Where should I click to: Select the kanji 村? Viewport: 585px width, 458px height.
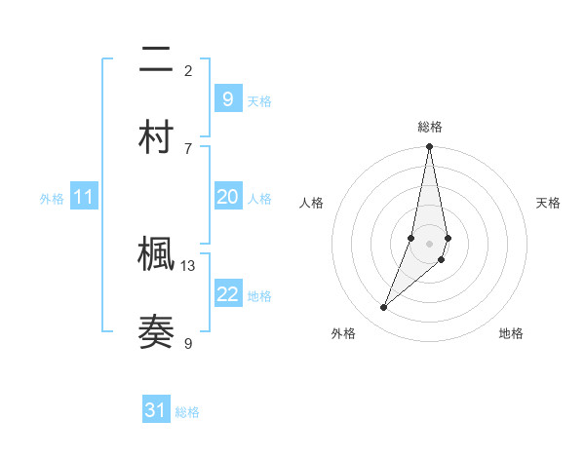157,137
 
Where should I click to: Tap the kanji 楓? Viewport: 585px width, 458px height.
157,255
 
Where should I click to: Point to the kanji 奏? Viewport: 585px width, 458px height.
157,332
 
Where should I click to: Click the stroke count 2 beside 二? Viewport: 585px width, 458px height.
188,70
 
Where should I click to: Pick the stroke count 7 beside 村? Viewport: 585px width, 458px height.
188,148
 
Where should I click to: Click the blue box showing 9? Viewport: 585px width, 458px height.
227,99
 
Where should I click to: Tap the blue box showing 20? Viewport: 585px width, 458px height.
227,197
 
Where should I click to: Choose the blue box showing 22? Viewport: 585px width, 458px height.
227,294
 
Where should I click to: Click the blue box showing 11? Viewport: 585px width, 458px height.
84,197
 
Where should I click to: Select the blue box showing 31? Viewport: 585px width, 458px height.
156,410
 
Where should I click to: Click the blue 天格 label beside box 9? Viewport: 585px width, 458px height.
259,101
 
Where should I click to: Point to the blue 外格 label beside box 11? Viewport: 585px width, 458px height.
52,199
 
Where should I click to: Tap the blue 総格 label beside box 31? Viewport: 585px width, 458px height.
187,412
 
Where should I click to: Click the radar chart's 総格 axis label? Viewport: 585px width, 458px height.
430,127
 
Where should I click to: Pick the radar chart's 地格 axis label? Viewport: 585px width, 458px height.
511,333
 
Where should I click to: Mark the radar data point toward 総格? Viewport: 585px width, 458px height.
429,147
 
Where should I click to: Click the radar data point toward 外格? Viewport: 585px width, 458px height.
384,308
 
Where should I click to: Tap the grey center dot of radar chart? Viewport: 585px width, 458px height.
429,243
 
